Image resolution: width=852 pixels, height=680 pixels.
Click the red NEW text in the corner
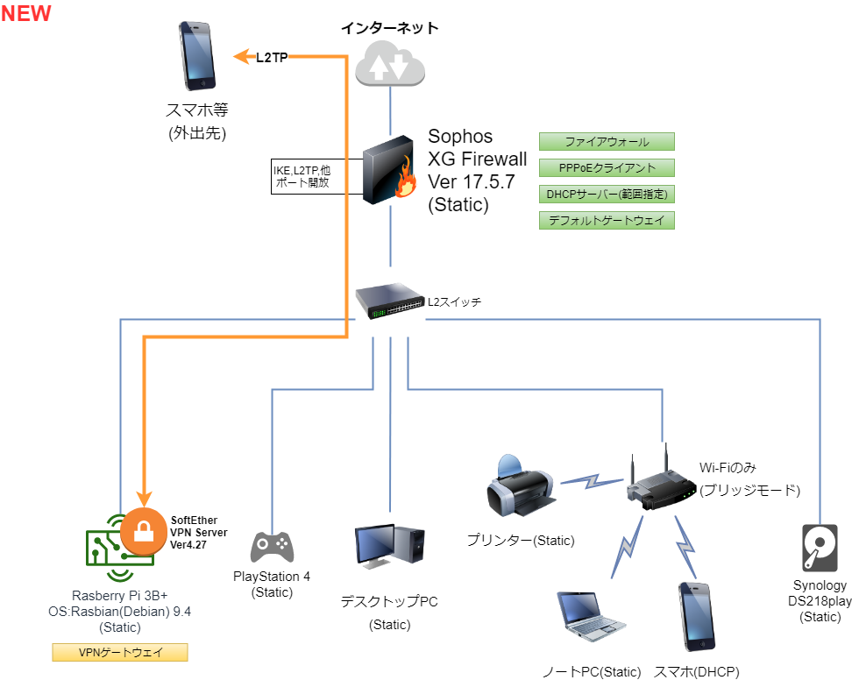coord(26,13)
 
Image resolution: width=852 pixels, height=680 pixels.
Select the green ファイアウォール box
coord(607,141)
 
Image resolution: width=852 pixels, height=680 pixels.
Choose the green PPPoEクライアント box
coord(607,167)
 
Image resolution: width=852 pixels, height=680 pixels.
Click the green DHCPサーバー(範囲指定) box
coord(607,194)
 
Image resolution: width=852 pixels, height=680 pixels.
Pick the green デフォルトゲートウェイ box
coord(607,220)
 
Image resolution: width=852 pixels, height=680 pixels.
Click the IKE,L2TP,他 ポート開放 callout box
coord(302,176)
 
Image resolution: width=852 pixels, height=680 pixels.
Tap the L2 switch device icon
coord(390,301)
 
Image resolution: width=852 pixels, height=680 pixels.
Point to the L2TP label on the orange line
coord(272,57)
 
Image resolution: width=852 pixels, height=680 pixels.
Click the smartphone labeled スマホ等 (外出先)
coord(198,54)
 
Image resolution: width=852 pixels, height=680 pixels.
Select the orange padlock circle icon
coord(143,531)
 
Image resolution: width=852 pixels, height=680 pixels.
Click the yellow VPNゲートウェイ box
coord(120,652)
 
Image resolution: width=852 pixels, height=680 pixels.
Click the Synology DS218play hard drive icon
coord(820,549)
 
